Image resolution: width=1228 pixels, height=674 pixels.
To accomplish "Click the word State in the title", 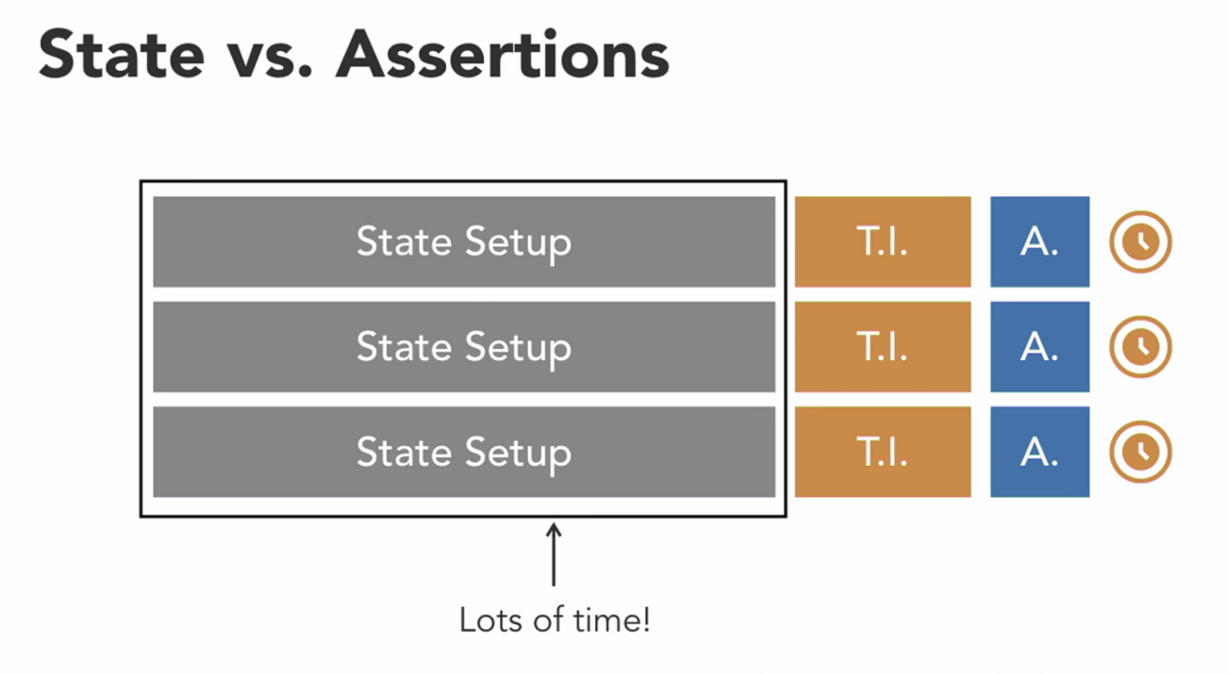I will pos(122,55).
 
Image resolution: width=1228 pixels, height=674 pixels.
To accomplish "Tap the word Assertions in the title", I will pos(502,55).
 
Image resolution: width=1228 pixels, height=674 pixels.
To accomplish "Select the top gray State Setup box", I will pos(464,242).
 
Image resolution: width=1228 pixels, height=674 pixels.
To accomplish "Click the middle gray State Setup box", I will pos(464,347).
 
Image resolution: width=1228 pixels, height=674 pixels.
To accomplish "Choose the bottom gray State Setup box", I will pos(464,452).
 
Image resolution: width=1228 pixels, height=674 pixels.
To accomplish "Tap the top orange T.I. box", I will pos(882,242).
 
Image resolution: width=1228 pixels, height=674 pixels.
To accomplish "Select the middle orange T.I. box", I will pos(882,347).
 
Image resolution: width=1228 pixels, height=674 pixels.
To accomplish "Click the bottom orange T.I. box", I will pos(882,452).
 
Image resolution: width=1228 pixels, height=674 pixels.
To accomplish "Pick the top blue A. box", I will pos(1039,242).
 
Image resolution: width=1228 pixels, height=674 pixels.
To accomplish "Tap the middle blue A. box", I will pos(1039,347).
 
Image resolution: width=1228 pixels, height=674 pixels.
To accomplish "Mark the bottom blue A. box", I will pos(1039,452).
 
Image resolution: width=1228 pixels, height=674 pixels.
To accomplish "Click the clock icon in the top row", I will pos(1140,242).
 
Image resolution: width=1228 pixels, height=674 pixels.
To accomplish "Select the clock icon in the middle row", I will pos(1140,347).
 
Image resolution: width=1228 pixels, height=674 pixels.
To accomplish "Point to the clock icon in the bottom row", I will pos(1140,452).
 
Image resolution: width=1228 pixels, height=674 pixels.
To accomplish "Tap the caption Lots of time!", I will pos(554,620).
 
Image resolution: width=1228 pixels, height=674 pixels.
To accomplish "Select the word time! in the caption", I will pos(611,620).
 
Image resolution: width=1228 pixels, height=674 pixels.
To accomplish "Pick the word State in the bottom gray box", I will pos(404,452).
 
